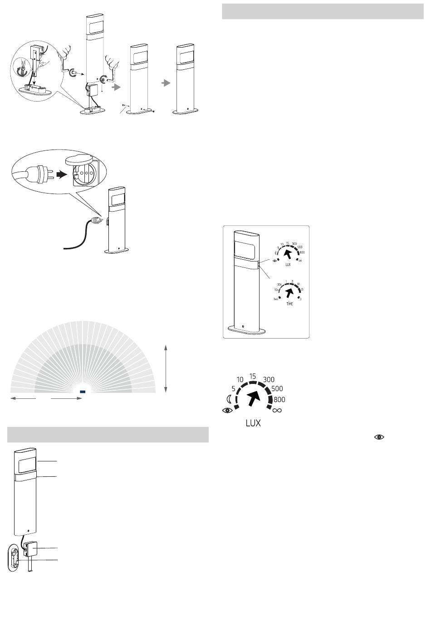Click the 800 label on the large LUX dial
279,400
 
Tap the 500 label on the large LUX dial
277,389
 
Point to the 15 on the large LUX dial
253,376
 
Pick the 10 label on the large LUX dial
240,379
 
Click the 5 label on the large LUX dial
233,388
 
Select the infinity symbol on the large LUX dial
277,411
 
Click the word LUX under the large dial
253,424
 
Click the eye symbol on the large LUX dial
227,411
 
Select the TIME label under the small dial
289,304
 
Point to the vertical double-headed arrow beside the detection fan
167,368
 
